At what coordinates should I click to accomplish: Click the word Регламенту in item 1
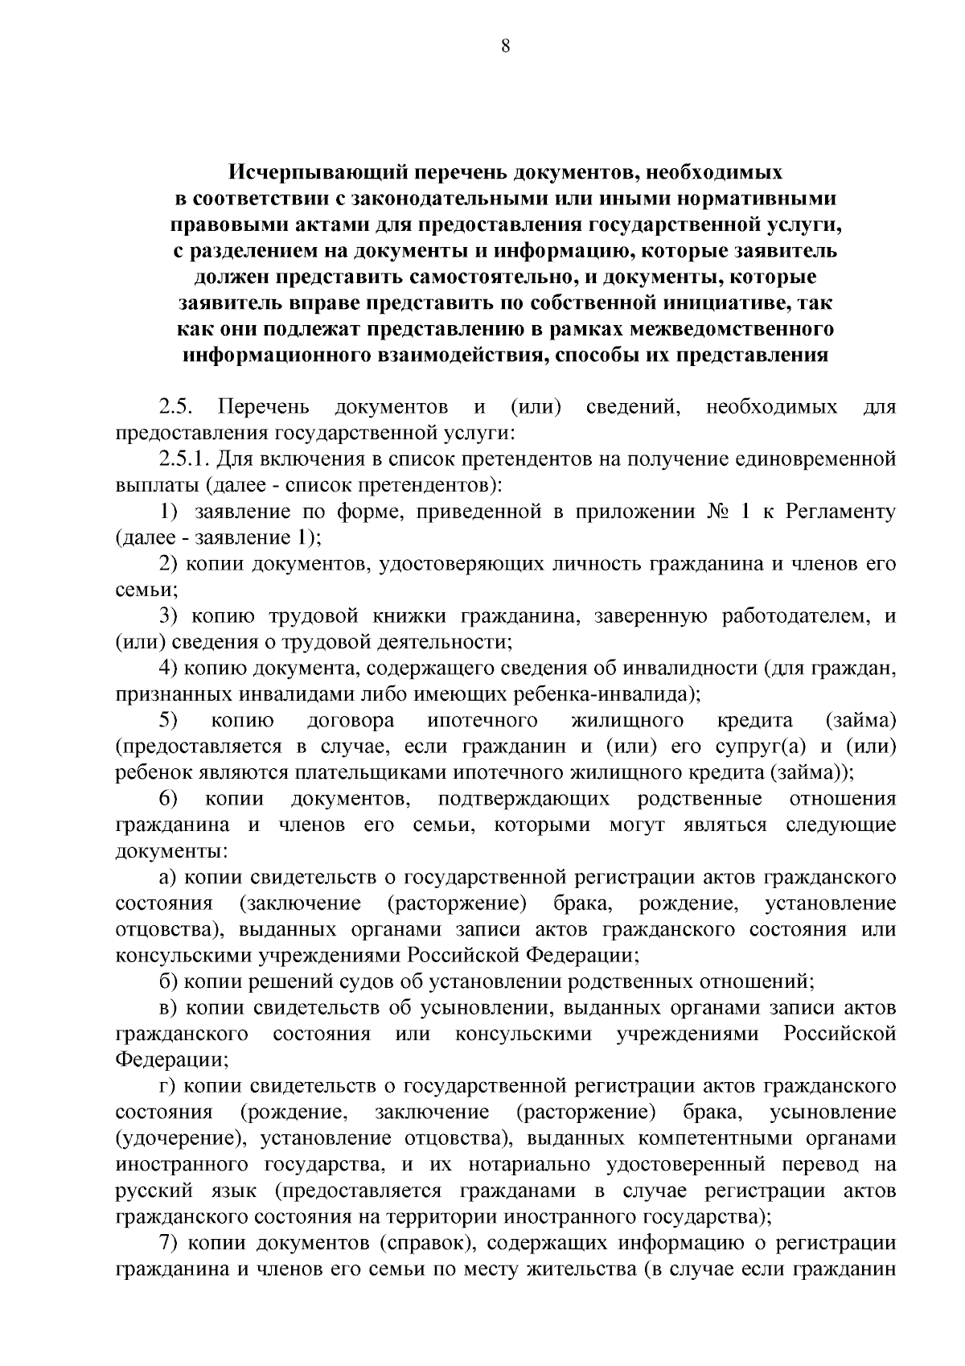coord(840,512)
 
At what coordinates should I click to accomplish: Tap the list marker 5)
coord(168,720)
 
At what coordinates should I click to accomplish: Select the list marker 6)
coord(168,799)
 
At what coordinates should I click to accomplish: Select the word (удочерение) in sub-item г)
coord(169,1139)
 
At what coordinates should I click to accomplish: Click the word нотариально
coord(519,1165)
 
